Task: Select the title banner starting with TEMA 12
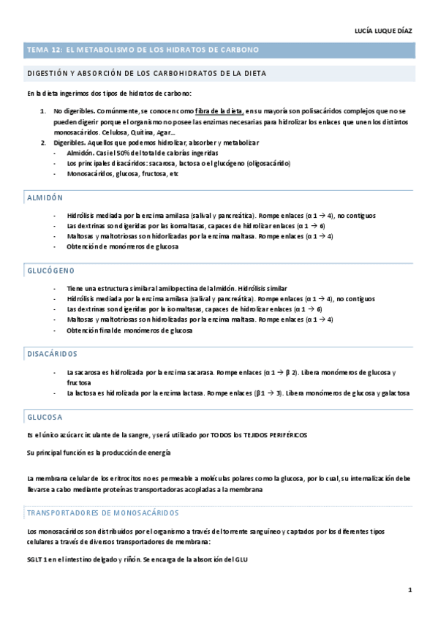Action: [x=142, y=50]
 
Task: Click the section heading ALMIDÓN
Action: [x=45, y=198]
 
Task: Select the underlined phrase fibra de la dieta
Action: [x=219, y=110]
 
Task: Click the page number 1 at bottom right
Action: [x=410, y=589]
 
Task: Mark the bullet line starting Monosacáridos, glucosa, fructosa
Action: [x=122, y=175]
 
